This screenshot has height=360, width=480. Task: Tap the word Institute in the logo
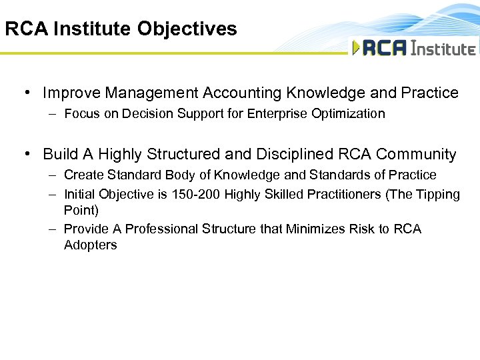coord(443,49)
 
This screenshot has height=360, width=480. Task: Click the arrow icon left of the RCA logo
coord(356,48)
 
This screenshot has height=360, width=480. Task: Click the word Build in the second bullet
coord(61,154)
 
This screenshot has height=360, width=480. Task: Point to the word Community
coord(416,154)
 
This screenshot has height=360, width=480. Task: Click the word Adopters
coord(90,245)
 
